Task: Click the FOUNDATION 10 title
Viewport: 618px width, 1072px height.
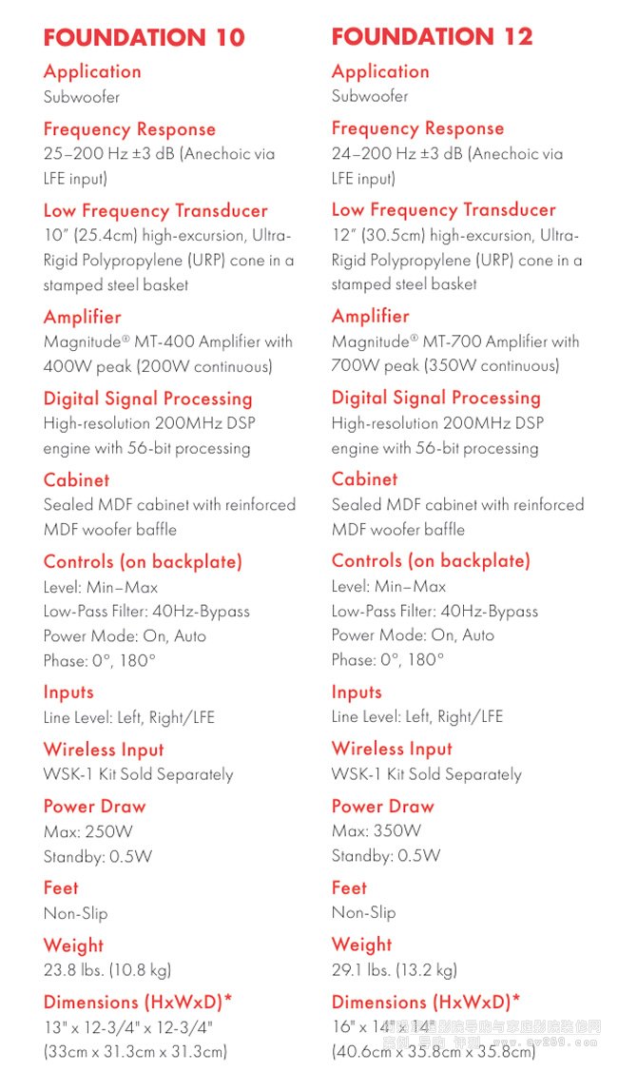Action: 144,38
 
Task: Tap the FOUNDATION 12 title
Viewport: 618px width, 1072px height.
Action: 432,37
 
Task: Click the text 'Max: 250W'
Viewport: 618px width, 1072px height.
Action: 88,831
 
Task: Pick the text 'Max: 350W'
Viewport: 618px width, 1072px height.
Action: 377,830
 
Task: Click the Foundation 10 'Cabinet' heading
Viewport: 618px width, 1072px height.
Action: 76,480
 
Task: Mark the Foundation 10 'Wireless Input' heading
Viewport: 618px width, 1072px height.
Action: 104,750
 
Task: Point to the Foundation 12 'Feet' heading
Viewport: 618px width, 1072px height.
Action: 349,887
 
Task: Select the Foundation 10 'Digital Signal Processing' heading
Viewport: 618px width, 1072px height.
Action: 147,400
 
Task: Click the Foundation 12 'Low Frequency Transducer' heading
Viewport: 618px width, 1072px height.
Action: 443,210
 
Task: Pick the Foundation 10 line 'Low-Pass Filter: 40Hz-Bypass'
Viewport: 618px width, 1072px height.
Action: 146,612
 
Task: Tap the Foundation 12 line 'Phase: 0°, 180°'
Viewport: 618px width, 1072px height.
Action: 388,659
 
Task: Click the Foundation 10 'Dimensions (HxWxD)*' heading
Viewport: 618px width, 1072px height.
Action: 138,1003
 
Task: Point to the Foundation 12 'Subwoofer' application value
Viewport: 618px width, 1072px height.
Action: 370,96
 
